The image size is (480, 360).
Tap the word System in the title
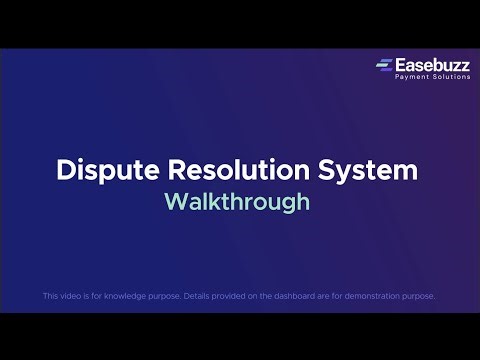[371, 170]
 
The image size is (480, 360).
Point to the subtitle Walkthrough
[238, 201]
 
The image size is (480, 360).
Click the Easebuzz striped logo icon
[384, 66]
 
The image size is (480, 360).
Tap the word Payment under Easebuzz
[411, 77]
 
